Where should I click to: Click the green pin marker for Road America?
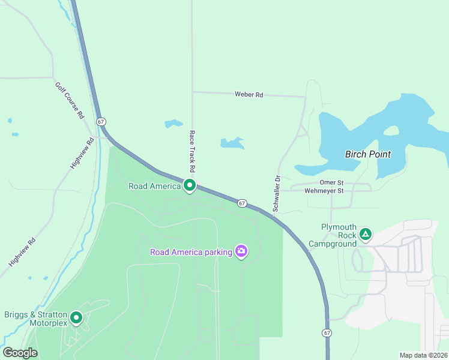(190, 186)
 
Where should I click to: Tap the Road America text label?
(154, 186)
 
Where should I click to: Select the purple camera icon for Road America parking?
(241, 251)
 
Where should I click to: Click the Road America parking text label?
(191, 252)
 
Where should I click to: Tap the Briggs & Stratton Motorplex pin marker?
(76, 317)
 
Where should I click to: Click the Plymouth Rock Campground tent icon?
(365, 234)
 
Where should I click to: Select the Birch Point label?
(367, 154)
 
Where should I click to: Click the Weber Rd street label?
(249, 95)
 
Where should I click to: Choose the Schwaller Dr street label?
(277, 193)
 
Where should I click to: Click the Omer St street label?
(331, 182)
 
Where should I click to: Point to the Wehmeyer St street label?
(324, 191)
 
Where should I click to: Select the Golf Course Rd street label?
(70, 100)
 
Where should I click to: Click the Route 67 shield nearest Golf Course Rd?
(101, 121)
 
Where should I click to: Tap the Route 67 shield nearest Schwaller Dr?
(242, 203)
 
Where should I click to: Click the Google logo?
(20, 353)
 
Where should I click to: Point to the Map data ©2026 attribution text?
(423, 355)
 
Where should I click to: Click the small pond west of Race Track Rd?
(173, 124)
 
